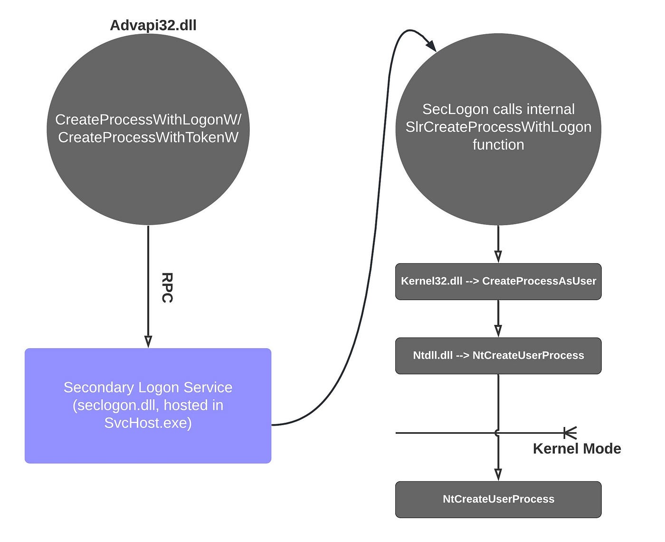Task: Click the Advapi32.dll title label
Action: (x=153, y=25)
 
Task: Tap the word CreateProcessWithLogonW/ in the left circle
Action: (x=148, y=120)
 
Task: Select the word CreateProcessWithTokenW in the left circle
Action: (x=148, y=137)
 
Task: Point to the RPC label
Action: (x=167, y=287)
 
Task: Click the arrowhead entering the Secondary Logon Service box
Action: (x=148, y=342)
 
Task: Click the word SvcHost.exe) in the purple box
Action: (x=148, y=423)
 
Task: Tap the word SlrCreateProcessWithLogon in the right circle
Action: (x=498, y=127)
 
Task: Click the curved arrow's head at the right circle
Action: (x=431, y=46)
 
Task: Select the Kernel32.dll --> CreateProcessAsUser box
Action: (x=498, y=281)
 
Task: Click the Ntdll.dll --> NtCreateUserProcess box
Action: (x=498, y=355)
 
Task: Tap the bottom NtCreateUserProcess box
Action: (x=498, y=499)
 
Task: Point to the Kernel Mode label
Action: (x=577, y=448)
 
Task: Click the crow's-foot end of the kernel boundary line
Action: (x=570, y=433)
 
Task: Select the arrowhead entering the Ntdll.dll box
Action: (x=498, y=331)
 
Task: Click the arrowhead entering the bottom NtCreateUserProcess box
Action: (x=498, y=475)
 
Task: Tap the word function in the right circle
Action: (x=498, y=145)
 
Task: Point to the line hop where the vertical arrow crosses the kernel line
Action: (x=497, y=433)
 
